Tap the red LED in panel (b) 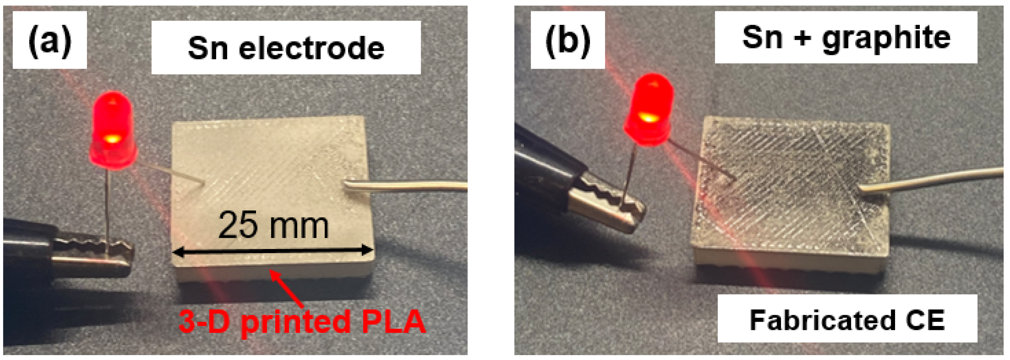pyautogui.click(x=649, y=110)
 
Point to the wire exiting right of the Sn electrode pyautogui.click(x=408, y=186)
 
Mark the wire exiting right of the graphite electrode pyautogui.click(x=933, y=180)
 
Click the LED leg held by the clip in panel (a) pyautogui.click(x=107, y=208)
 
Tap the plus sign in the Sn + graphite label pyautogui.click(x=803, y=38)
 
